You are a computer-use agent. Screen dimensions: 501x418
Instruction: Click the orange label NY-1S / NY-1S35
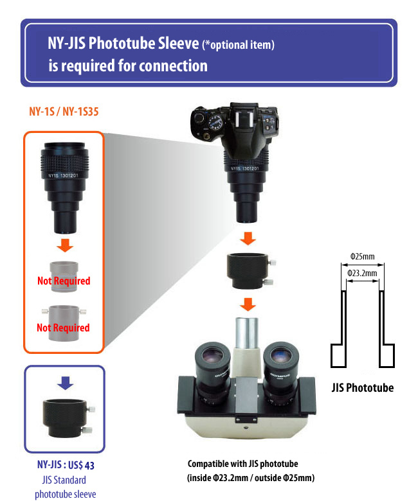click(x=63, y=111)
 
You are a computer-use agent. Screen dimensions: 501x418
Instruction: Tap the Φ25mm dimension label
click(x=363, y=256)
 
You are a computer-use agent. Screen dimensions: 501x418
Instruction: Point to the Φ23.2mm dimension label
click(x=363, y=273)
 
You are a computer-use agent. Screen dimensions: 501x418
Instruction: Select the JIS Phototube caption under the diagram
click(x=363, y=387)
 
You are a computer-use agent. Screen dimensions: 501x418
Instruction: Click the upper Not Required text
click(x=63, y=281)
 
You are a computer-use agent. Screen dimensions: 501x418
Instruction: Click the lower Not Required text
click(x=63, y=328)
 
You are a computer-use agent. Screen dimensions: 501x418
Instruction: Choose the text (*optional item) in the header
click(x=238, y=45)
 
